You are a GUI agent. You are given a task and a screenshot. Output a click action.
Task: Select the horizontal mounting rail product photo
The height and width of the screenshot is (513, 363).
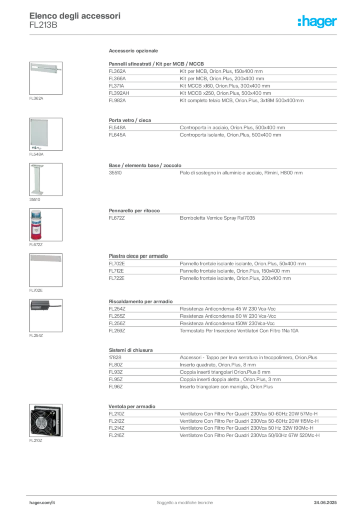44,68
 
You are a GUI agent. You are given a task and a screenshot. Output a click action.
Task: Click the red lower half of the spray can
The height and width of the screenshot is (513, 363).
36,233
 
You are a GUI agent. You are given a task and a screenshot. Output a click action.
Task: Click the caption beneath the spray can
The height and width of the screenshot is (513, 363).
36,246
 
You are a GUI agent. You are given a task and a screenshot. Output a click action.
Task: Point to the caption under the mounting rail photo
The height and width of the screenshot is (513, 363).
36,98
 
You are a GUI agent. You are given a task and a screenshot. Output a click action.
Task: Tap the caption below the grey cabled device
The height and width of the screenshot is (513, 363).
36,337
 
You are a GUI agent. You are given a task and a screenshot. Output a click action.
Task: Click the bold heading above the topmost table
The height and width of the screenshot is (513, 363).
134,52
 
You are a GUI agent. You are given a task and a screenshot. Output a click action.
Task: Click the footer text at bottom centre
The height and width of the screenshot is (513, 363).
186,500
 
